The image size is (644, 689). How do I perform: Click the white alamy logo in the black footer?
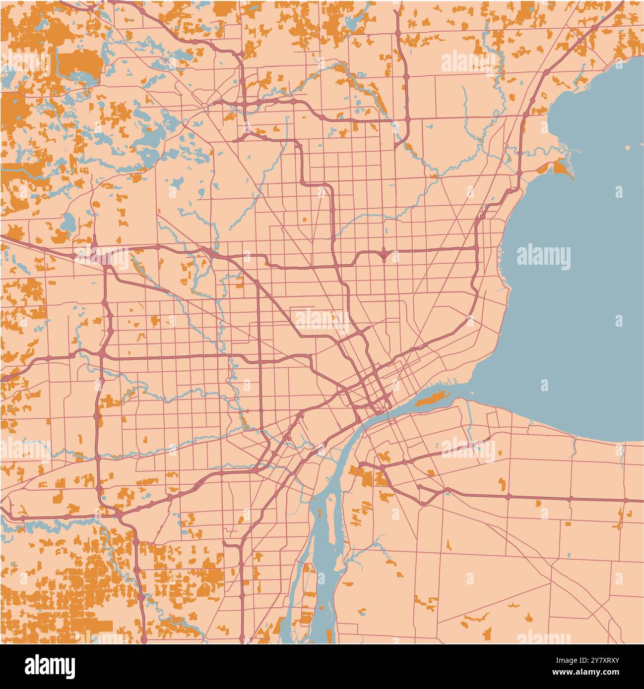click(x=50, y=665)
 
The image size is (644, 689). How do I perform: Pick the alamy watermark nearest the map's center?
click(x=322, y=320)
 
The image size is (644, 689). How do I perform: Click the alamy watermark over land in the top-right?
click(x=468, y=63)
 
